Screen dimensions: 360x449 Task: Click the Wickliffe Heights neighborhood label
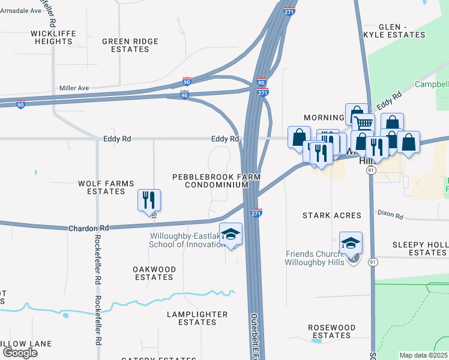tap(53, 37)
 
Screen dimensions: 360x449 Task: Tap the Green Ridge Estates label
tap(130, 45)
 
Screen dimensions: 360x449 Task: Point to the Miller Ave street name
tap(74, 88)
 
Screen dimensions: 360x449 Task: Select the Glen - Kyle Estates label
tap(402, 31)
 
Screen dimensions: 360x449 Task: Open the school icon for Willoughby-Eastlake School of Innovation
tap(230, 234)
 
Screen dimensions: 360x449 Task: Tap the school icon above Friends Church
tap(351, 243)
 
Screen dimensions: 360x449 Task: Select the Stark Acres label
tap(332, 215)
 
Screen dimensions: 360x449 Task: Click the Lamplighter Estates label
tap(197, 318)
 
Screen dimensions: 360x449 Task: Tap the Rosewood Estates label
tap(329, 331)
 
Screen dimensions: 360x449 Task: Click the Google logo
tap(20, 353)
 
